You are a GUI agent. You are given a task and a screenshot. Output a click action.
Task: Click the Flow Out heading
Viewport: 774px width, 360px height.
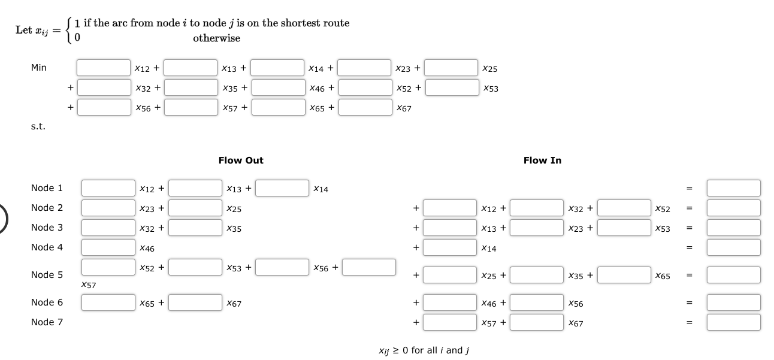tap(241, 161)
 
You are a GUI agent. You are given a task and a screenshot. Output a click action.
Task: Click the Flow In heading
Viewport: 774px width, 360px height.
tap(542, 161)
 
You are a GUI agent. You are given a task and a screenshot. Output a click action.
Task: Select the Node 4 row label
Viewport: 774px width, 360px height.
tap(47, 247)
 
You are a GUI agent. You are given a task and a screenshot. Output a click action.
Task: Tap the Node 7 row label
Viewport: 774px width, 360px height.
tap(47, 322)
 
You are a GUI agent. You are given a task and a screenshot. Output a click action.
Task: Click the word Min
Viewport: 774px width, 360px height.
tap(38, 68)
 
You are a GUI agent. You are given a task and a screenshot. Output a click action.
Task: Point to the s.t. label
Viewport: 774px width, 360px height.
tap(38, 126)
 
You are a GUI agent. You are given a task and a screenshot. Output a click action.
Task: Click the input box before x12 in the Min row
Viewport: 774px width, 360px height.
tap(103, 68)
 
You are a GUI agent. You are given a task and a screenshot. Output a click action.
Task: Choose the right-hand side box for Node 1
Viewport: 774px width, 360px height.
tap(733, 188)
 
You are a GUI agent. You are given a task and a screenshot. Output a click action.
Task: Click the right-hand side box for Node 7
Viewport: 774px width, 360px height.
tap(733, 322)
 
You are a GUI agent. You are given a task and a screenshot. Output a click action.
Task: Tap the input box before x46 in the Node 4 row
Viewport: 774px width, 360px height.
tap(108, 247)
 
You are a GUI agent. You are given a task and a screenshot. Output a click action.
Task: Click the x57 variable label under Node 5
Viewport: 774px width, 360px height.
tap(88, 286)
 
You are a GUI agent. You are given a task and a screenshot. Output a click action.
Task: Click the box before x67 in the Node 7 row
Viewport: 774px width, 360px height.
tap(537, 322)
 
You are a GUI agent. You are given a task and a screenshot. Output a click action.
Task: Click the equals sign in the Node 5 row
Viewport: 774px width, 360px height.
tap(690, 276)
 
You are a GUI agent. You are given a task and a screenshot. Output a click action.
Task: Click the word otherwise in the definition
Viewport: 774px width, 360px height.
tap(216, 38)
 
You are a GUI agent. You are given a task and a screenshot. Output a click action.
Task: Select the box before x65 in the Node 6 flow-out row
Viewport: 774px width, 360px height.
tap(108, 302)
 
